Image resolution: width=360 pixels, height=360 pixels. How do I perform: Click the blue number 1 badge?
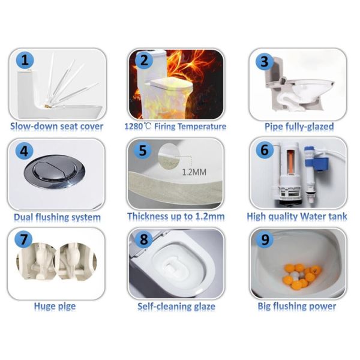pos(25,61)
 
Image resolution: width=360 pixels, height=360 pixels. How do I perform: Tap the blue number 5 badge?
pos(143,151)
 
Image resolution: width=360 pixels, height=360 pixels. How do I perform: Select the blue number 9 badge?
pos(265,239)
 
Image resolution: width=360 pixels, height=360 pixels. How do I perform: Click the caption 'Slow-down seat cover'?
pos(57,126)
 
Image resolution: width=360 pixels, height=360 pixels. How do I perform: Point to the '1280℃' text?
pos(138,126)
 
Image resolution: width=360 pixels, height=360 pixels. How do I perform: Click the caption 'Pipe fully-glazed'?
pos(299,127)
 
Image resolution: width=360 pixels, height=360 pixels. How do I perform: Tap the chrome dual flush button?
pos(55,172)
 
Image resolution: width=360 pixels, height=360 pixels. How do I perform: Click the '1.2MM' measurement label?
pos(194,172)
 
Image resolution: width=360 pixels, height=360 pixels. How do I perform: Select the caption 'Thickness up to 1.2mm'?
pos(176,217)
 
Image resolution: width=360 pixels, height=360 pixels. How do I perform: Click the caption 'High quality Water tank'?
pos(297,217)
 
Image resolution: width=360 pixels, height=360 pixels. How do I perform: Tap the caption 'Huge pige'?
pos(55,306)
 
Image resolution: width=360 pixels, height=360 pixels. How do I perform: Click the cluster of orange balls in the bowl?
pos(301,277)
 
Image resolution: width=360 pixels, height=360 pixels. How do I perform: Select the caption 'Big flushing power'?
pos(297,307)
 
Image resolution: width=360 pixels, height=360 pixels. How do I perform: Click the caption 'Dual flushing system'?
pos(57,217)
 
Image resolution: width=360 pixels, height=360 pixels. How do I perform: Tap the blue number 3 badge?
pos(265,61)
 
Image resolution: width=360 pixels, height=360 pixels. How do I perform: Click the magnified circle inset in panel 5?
pos(169,155)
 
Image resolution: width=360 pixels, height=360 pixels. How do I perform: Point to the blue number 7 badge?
pos(24,239)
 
